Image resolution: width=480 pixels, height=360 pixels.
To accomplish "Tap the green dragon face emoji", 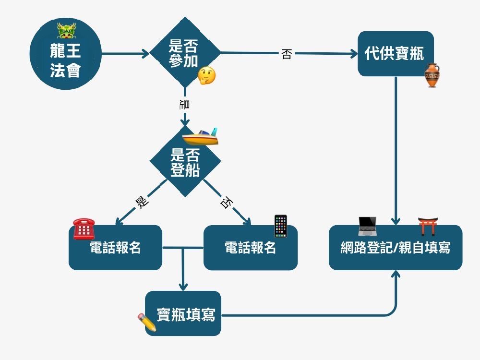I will (66, 31).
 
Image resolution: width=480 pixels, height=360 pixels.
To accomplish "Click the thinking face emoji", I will (207, 75).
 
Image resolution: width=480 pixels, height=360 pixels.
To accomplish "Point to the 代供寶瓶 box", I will (395, 53).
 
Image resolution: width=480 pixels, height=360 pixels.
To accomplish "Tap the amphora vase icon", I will (432, 75).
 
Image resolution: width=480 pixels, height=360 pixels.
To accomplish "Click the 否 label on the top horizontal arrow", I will (287, 54).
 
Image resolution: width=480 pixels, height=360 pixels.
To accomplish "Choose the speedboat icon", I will (201, 137).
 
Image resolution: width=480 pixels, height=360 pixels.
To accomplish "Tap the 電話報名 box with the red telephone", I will (115, 248).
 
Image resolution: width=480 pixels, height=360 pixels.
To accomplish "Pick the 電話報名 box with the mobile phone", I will (251, 248).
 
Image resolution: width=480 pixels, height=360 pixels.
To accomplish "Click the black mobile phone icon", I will (280, 226).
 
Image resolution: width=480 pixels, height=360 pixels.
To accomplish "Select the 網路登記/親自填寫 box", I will (395, 248).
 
